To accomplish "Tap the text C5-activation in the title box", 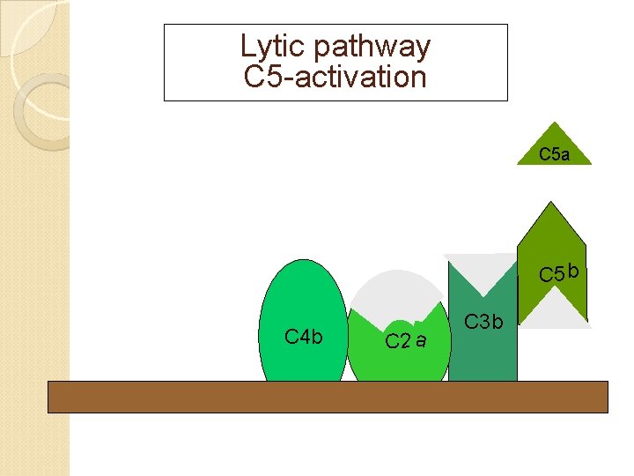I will [335, 77].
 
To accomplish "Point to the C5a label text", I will [554, 155].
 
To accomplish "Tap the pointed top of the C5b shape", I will [551, 205].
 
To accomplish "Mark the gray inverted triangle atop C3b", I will [482, 269].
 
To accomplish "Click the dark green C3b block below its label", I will [483, 357].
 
